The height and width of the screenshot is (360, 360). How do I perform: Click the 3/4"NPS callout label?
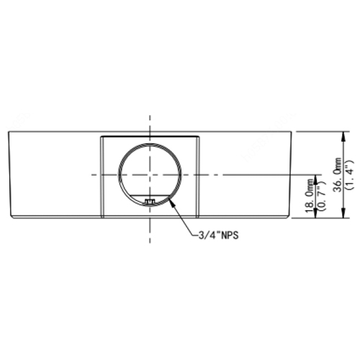click(x=218, y=235)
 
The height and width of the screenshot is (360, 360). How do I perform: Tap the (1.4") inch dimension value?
click(x=349, y=174)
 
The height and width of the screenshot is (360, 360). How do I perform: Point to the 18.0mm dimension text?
click(x=310, y=196)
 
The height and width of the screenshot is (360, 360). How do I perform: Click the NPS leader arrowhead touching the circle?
click(x=171, y=202)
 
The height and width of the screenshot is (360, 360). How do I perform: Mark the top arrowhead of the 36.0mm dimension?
click(x=344, y=136)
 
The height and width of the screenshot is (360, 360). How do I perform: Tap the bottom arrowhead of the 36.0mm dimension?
click(x=344, y=213)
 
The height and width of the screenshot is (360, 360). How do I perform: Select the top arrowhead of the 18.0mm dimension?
click(x=316, y=179)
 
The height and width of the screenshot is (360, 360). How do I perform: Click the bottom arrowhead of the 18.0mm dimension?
click(x=316, y=213)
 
